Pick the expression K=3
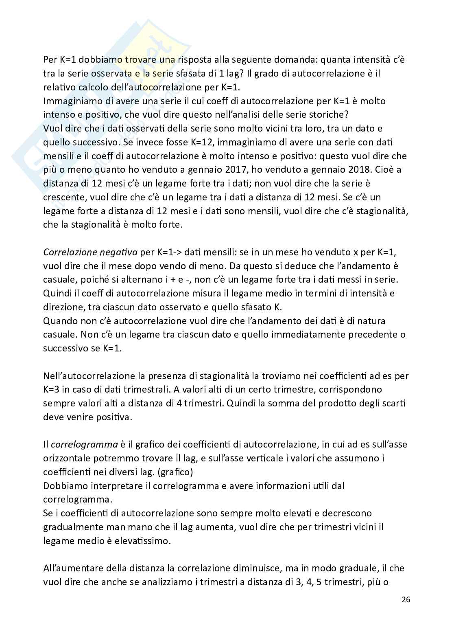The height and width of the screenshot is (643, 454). pyautogui.click(x=53, y=389)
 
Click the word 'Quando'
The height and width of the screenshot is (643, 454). pyautogui.click(x=58, y=321)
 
